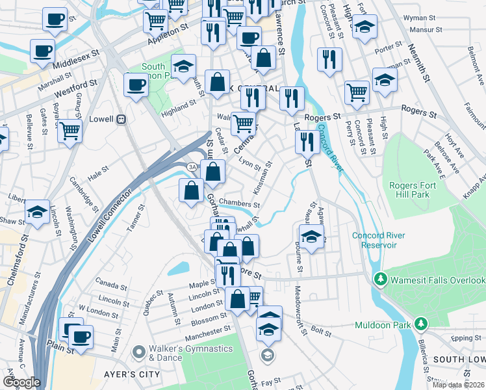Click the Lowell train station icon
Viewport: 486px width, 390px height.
click(x=121, y=120)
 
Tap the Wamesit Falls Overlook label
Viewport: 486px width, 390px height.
click(x=437, y=280)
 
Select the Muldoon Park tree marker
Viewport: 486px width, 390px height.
click(x=421, y=323)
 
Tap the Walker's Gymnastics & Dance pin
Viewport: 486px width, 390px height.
click(x=138, y=352)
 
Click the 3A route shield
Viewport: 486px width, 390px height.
click(x=192, y=167)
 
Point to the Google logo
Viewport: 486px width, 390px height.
click(x=21, y=382)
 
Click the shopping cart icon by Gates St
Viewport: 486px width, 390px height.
click(x=70, y=131)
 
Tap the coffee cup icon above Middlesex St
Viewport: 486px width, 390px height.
click(x=43, y=50)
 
